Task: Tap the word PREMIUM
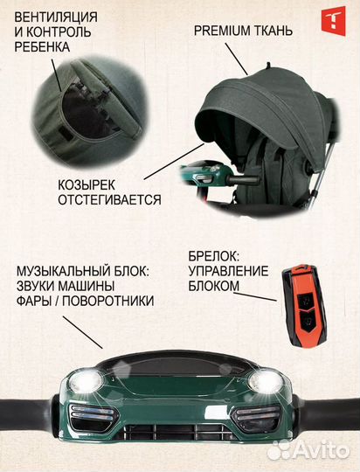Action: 220,30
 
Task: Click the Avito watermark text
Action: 324,451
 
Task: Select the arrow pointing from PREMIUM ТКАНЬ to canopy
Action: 239,58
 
